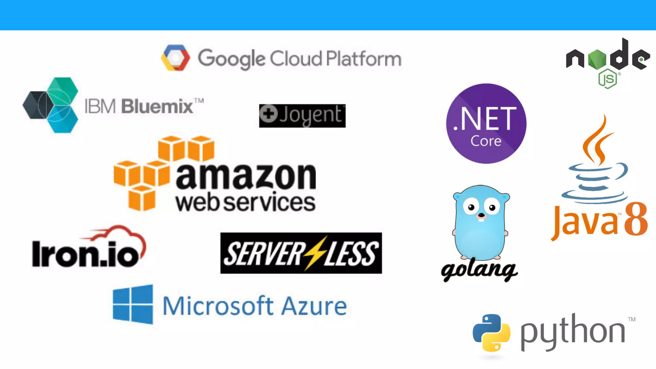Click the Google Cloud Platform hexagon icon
[176, 58]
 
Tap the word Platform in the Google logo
[364, 59]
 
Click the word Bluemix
[157, 106]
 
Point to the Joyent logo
[302, 116]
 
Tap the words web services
[245, 202]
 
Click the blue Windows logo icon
[133, 305]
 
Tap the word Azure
[314, 306]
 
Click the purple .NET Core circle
[486, 124]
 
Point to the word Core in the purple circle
[486, 141]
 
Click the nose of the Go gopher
[481, 215]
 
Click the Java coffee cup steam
[598, 141]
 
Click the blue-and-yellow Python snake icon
[491, 333]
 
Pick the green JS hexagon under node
[607, 79]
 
